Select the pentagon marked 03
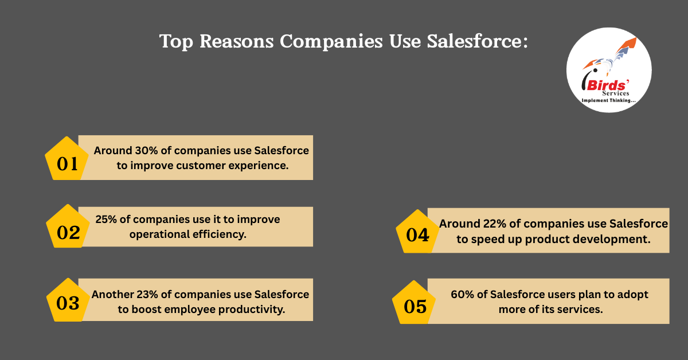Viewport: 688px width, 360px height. [x=67, y=302]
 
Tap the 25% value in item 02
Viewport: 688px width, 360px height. [x=106, y=220]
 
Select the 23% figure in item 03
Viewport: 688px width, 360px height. [x=147, y=295]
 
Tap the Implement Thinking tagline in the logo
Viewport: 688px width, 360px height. [x=608, y=100]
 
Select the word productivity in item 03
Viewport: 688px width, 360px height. [x=253, y=309]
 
